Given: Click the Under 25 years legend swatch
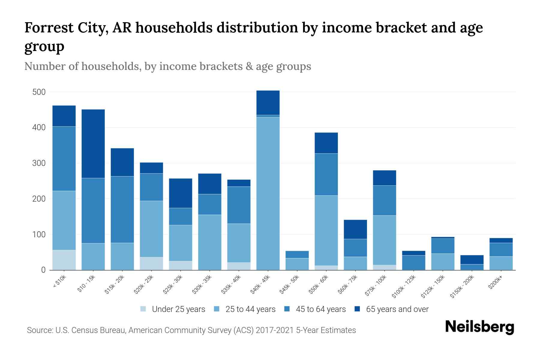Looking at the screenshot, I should tap(143, 309).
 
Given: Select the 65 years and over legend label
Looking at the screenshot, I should tap(397, 309).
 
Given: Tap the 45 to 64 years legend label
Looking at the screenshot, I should tap(321, 309).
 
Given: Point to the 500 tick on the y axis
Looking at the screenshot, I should tap(39, 92).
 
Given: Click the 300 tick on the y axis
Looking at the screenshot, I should tap(39, 163).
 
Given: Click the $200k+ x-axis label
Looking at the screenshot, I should tap(495, 283).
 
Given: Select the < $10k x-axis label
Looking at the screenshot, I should tap(59, 282).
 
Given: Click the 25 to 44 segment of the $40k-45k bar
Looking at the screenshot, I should tap(268, 193).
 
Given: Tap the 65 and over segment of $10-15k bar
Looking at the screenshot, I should tap(93, 144).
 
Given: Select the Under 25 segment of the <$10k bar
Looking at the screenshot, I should tap(64, 260).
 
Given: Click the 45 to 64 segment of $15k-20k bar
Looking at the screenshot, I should tap(122, 209).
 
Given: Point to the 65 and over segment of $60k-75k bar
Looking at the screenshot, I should tap(355, 229).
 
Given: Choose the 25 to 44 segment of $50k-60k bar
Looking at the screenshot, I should tap(326, 230).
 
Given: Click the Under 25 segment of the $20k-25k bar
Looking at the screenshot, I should tap(151, 263).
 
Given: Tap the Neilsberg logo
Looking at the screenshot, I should tap(479, 327).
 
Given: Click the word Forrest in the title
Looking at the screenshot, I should tap(49, 28).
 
